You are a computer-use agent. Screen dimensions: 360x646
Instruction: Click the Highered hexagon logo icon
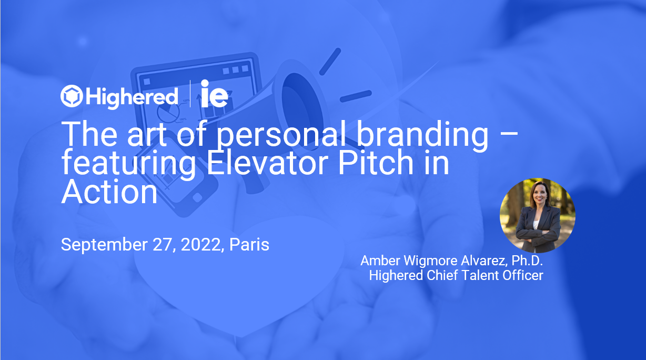[71, 96]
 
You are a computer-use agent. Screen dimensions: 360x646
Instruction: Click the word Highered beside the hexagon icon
[132, 97]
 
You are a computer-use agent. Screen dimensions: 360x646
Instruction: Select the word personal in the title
[278, 135]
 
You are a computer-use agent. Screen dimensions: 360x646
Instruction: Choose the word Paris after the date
[249, 245]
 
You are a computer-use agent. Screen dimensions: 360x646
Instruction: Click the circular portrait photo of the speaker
[537, 215]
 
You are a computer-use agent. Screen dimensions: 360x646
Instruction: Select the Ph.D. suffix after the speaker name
[526, 261]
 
